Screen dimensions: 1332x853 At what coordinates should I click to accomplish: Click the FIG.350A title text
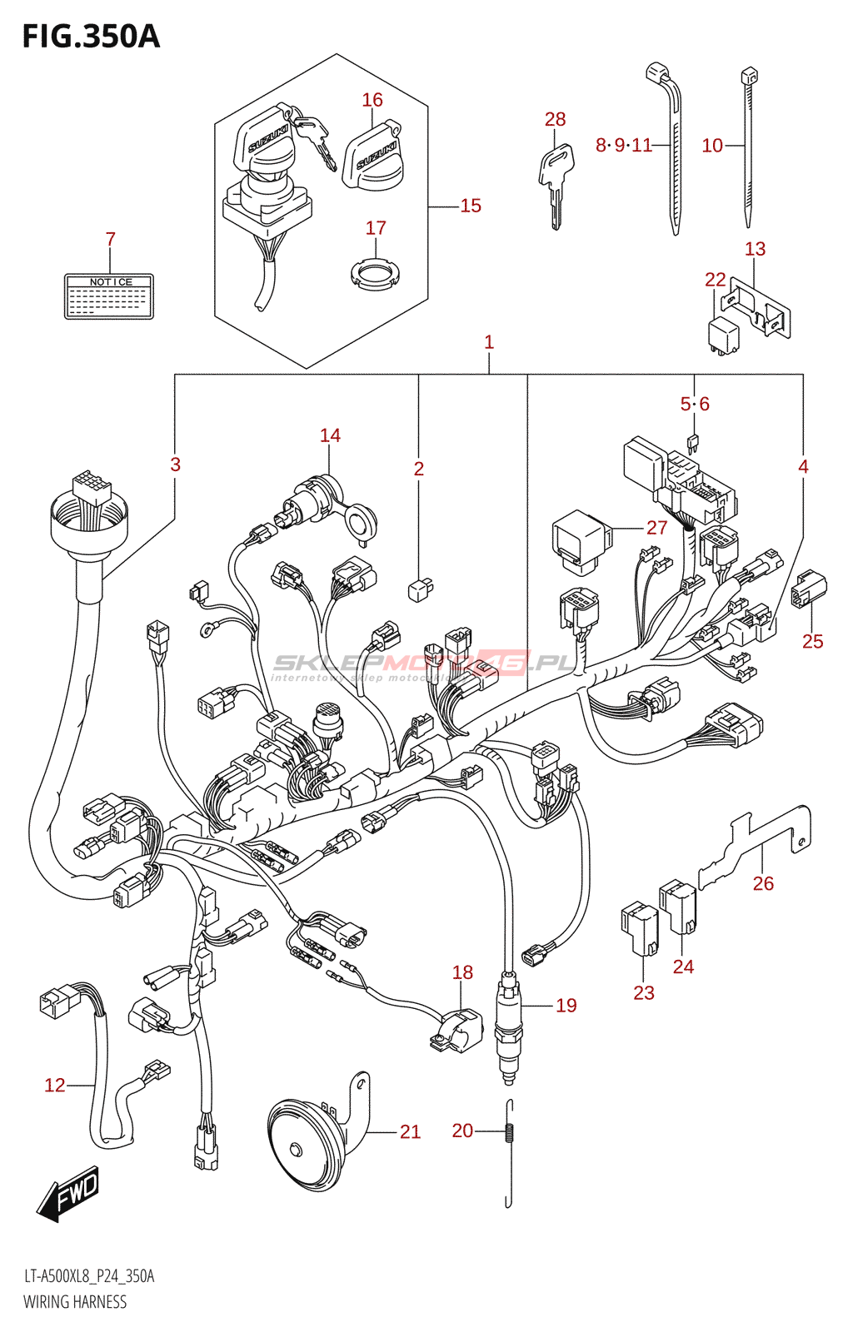[91, 37]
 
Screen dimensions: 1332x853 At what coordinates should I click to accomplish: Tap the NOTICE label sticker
[109, 296]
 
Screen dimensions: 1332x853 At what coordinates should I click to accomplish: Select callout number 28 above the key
[555, 120]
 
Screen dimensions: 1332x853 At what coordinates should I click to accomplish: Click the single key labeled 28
[556, 183]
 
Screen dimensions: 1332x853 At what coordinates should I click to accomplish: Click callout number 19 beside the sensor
[566, 1006]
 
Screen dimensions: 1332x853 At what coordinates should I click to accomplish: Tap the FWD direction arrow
[69, 1194]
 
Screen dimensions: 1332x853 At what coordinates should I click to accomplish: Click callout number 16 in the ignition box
[372, 100]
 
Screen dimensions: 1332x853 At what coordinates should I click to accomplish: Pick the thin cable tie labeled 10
[748, 150]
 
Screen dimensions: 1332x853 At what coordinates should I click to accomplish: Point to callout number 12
[54, 1086]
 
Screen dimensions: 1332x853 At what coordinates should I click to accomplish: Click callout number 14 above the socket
[330, 435]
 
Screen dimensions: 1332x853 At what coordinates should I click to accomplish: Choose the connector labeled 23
[639, 927]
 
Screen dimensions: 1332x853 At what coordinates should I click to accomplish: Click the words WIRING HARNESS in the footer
[75, 1302]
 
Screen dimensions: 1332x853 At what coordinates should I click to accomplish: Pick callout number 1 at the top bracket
[489, 342]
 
